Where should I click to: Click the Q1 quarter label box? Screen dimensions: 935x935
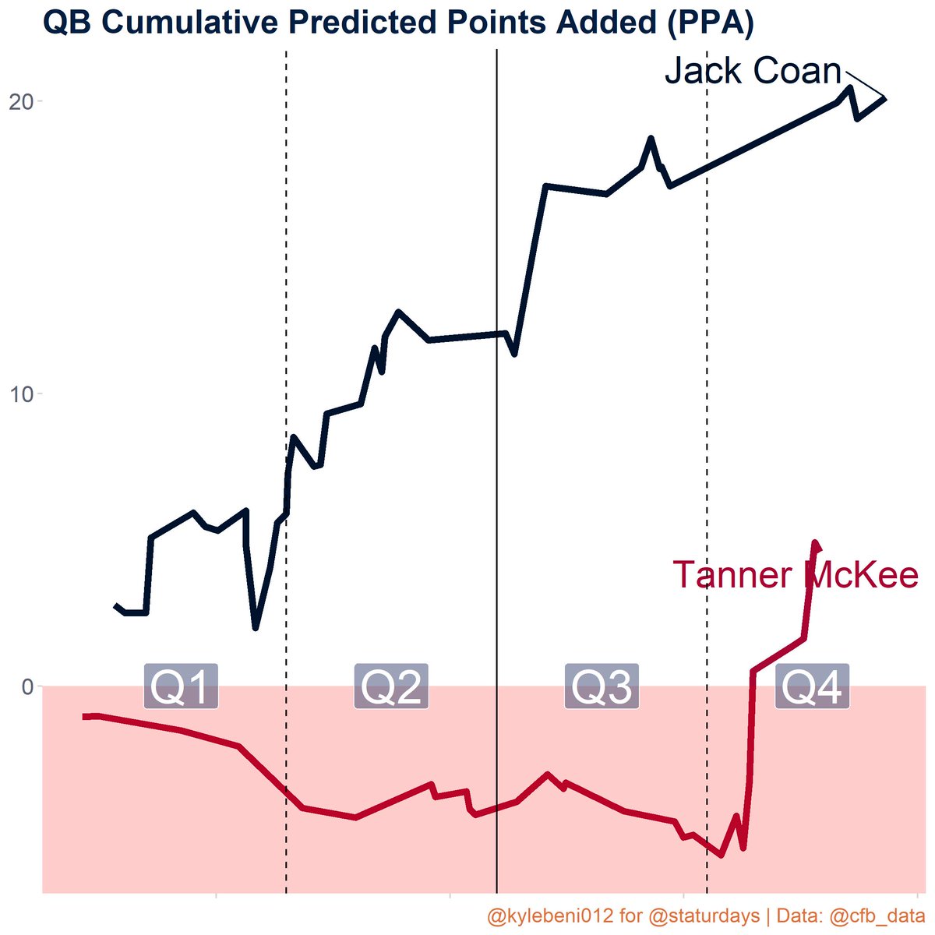tap(181, 686)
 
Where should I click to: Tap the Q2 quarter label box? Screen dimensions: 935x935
tap(391, 686)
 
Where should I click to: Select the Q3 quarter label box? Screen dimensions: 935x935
tap(602, 686)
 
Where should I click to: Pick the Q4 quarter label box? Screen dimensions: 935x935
tap(812, 686)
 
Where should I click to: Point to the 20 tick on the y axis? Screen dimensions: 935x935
tap(21, 101)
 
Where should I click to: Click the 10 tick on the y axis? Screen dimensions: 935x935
tap(21, 393)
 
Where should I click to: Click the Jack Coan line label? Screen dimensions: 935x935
tap(753, 72)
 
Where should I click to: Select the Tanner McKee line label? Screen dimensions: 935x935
tap(796, 576)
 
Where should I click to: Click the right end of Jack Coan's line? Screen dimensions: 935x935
tap(884, 98)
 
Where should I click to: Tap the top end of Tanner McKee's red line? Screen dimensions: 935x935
tap(815, 543)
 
